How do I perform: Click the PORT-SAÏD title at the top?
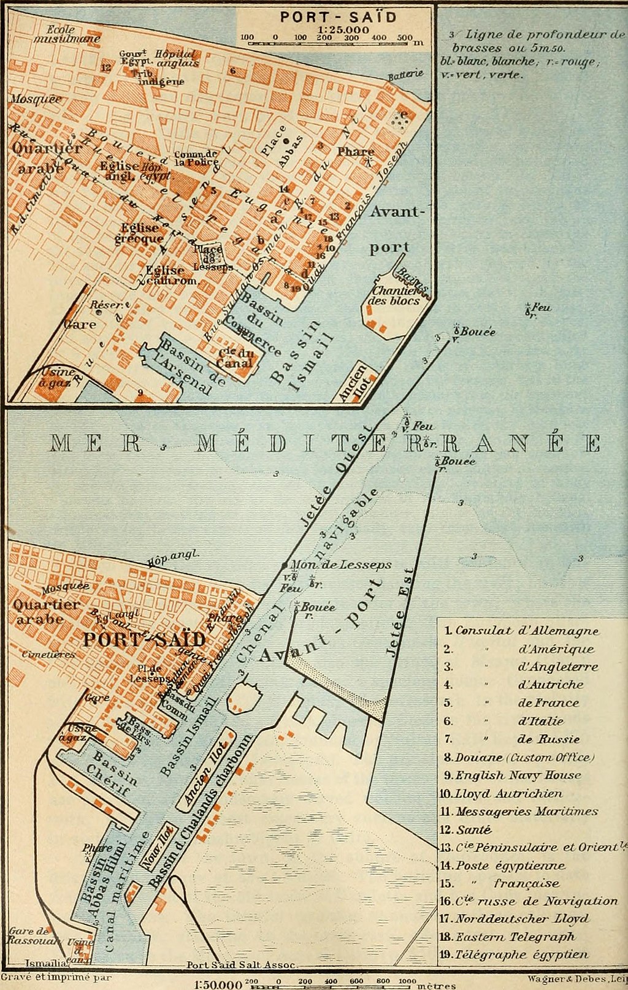[338, 17]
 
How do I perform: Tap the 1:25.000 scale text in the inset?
[343, 30]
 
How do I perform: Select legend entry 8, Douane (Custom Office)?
[519, 757]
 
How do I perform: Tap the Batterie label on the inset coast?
[405, 75]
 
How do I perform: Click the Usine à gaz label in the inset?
[58, 378]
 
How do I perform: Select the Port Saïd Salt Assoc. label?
[241, 964]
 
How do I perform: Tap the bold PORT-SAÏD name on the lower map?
[144, 639]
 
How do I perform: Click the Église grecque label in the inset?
[139, 234]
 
